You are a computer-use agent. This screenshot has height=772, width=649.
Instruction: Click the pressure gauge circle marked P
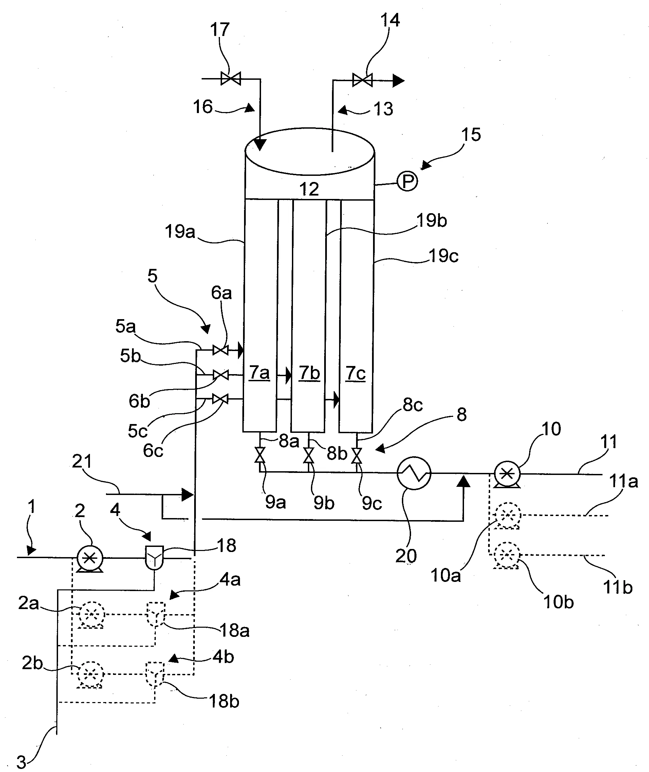pyautogui.click(x=407, y=181)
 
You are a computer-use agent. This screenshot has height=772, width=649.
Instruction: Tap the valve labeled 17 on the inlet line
pyautogui.click(x=231, y=78)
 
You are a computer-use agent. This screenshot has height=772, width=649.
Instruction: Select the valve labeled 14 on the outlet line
pyautogui.click(x=363, y=80)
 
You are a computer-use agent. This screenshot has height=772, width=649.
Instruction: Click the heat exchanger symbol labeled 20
pyautogui.click(x=414, y=473)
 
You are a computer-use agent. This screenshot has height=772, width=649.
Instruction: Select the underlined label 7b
pyautogui.click(x=309, y=373)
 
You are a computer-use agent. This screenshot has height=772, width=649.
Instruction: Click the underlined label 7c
pyautogui.click(x=356, y=374)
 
